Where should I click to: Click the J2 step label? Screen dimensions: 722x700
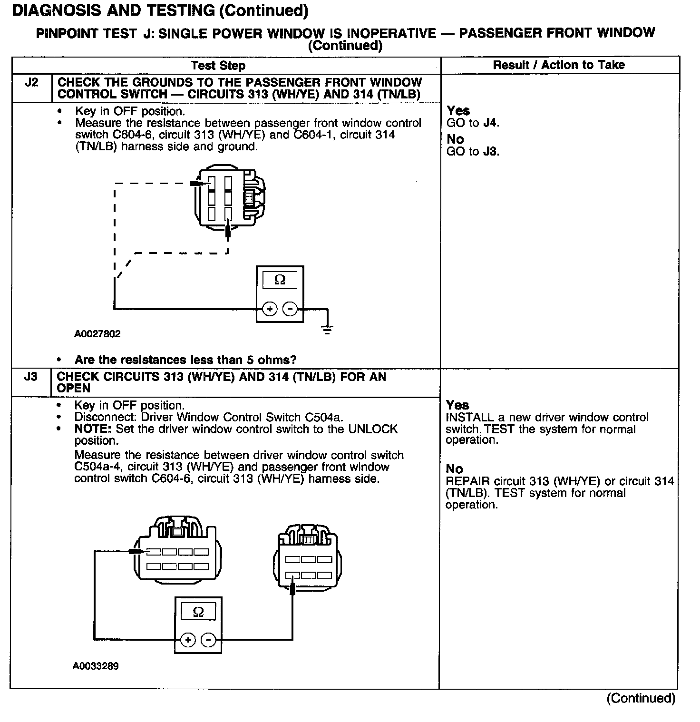pos(31,82)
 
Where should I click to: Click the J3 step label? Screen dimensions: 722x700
pos(30,377)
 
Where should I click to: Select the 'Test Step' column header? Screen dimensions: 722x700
pos(218,66)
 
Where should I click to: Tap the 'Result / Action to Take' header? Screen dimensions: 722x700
pos(559,65)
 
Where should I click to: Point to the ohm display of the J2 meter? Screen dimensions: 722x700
pos(280,280)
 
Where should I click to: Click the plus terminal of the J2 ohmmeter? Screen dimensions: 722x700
pos(270,309)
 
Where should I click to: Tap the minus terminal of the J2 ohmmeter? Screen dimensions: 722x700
pos(290,309)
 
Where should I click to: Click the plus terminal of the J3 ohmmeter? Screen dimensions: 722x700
pos(188,640)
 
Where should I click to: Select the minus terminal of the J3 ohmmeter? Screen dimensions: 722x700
pos(208,640)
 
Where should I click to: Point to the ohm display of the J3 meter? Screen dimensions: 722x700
pos(198,612)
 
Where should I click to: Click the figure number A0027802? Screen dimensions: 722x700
pos(97,334)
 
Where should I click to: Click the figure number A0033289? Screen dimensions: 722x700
pos(96,666)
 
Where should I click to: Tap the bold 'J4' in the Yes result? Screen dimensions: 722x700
pos(490,123)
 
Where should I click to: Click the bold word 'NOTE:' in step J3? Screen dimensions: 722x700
pos(93,429)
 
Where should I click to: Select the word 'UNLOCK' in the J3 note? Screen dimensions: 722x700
pos(373,429)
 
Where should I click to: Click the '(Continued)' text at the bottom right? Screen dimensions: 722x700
pos(641,698)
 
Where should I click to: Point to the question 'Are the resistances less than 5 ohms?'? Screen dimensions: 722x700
pos(185,360)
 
